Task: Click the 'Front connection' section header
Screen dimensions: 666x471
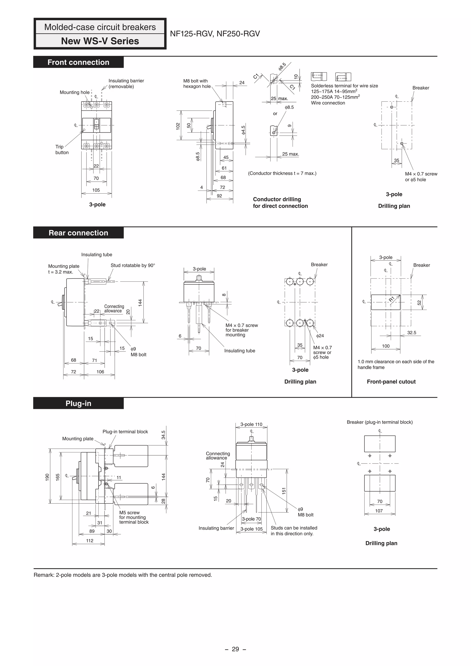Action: [x=78, y=62]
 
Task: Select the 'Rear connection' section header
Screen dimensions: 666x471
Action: [x=78, y=233]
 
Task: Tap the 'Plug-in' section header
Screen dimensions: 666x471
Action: [x=78, y=403]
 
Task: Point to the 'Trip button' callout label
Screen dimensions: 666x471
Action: [x=62, y=150]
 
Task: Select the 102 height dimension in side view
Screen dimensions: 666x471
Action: [x=178, y=126]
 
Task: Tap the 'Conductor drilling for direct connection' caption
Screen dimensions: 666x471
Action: [x=280, y=203]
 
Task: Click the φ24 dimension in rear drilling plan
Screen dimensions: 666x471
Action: [x=320, y=336]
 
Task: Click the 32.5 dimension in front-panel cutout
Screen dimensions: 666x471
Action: [x=411, y=333]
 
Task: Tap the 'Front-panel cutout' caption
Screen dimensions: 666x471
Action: [x=391, y=382]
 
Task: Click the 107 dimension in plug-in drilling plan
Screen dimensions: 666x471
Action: [x=379, y=511]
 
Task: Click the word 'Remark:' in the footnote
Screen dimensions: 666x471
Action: [x=43, y=575]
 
